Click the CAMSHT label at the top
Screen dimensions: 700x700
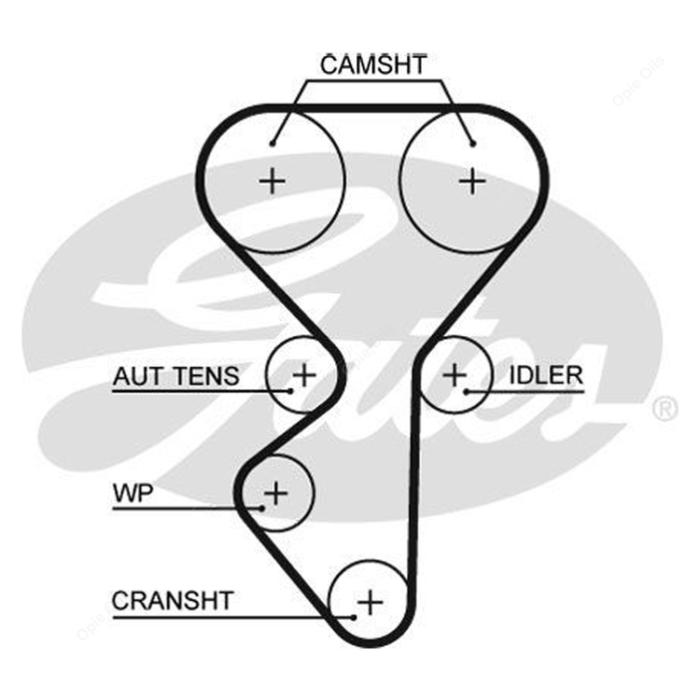[x=372, y=64]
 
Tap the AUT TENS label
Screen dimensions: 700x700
[x=175, y=376]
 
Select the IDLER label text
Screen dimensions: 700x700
[x=545, y=375]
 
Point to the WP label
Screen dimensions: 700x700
[x=132, y=494]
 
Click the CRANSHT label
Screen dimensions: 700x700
[x=173, y=600]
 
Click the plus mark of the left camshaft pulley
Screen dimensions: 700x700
[x=273, y=179]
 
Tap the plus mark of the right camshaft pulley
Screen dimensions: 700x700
[x=473, y=179]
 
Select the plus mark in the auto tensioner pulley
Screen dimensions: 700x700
[x=304, y=375]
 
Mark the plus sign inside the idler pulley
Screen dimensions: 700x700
[x=454, y=375]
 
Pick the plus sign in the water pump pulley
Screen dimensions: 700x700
[x=276, y=491]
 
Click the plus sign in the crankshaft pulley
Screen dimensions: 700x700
[x=371, y=601]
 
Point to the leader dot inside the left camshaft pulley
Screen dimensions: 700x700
[x=272, y=144]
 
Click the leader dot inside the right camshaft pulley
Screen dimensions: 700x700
[x=474, y=144]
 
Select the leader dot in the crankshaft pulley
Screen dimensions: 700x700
[x=355, y=616]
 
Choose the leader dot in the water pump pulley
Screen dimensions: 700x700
[x=263, y=508]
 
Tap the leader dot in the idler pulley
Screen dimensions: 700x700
[x=466, y=390]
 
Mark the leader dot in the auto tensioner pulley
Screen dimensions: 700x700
[x=291, y=390]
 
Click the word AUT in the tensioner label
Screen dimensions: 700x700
[x=134, y=376]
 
